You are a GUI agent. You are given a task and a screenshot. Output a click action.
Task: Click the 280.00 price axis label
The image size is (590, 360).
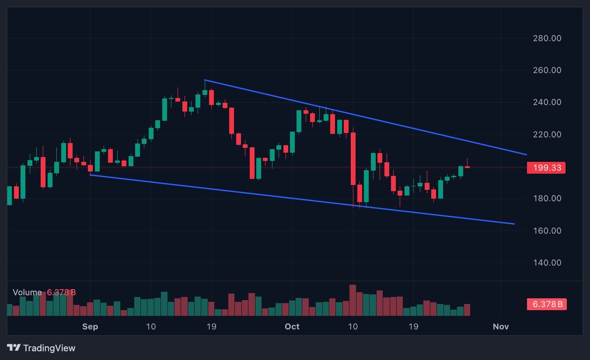coord(547,38)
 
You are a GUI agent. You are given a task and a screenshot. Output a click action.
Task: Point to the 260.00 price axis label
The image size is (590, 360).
coord(547,70)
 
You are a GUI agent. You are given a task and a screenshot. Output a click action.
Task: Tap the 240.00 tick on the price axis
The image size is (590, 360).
coord(547,102)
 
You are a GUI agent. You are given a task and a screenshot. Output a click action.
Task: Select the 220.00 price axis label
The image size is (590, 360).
coord(547,134)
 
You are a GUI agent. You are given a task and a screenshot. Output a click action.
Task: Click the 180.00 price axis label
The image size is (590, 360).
coord(547,199)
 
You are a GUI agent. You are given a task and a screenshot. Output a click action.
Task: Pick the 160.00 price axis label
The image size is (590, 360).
coord(547,231)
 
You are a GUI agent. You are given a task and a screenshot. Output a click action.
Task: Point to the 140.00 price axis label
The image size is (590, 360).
coord(547,263)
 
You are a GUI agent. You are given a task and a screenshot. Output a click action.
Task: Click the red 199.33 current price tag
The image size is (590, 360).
coord(546,168)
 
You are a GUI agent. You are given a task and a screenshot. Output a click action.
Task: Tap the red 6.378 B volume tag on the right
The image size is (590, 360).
coord(547,304)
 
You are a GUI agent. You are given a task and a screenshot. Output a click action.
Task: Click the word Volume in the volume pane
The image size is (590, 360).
coord(27,293)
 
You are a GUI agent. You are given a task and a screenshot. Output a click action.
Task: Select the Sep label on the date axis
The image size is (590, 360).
coord(90,327)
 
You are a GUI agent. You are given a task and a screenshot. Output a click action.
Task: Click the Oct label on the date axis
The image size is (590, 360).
coord(292,327)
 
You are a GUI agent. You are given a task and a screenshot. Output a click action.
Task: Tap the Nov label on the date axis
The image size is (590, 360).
coord(501,327)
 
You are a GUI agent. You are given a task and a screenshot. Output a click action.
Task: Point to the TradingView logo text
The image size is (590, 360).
coord(49,348)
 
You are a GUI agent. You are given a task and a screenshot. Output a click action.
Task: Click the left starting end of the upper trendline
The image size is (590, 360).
coord(205,80)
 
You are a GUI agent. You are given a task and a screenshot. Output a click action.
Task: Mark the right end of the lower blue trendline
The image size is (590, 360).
coord(514,224)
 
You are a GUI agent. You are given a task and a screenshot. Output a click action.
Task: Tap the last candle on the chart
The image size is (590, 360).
coord(468,167)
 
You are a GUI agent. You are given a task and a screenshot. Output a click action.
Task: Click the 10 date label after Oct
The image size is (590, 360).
coord(353,327)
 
